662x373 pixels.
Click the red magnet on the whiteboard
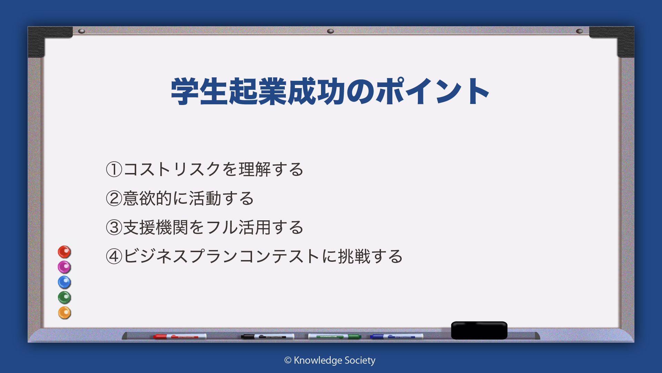click(x=64, y=252)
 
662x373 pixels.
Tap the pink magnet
click(x=64, y=267)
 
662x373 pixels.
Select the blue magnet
click(x=64, y=282)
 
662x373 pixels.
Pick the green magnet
click(x=64, y=297)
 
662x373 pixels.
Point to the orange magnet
click(x=64, y=313)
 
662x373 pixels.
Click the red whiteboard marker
click(x=180, y=336)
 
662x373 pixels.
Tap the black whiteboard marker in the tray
click(x=268, y=336)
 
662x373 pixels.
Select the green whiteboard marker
click(x=334, y=336)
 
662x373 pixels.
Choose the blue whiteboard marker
click(x=397, y=336)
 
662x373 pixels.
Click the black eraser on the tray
click(x=479, y=330)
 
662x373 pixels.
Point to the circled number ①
click(x=114, y=170)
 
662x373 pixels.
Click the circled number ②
click(x=114, y=199)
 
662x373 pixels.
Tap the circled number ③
click(x=114, y=228)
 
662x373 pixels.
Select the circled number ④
click(x=114, y=257)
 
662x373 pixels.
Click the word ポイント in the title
click(x=433, y=91)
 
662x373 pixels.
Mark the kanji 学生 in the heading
click(x=200, y=91)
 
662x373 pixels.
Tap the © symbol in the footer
click(x=288, y=361)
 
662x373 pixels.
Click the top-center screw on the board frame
click(x=330, y=31)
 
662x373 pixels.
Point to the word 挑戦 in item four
click(x=354, y=257)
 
